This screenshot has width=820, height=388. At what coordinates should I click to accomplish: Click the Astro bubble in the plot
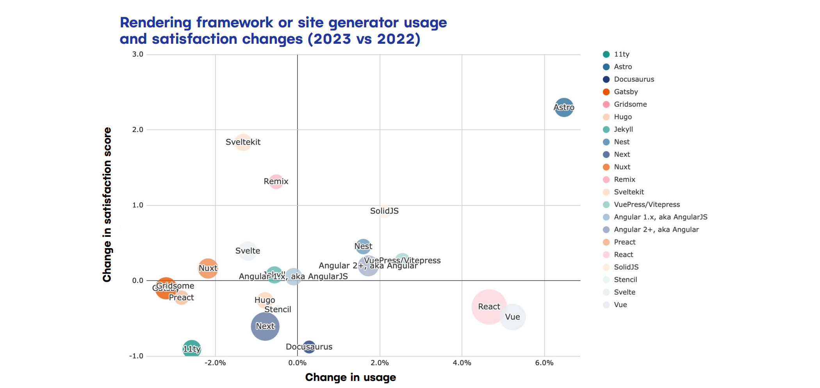(563, 107)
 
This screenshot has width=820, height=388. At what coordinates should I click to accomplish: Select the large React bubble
(489, 307)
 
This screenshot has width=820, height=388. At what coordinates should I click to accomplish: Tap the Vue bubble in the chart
(512, 317)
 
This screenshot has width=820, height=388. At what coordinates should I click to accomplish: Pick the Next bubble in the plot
(265, 326)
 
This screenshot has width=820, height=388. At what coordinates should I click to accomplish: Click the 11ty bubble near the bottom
(192, 349)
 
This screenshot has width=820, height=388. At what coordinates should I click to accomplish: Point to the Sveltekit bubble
(243, 142)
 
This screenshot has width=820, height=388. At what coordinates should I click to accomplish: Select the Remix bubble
(276, 181)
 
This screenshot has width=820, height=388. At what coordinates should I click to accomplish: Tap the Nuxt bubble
(208, 268)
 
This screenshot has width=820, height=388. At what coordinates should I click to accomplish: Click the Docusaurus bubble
(309, 347)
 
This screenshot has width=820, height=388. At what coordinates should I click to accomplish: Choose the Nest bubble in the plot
(363, 247)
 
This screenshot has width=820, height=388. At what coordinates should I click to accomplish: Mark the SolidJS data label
(384, 211)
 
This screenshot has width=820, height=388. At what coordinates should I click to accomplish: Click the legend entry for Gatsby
(626, 92)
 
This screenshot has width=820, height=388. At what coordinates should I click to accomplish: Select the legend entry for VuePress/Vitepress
(647, 204)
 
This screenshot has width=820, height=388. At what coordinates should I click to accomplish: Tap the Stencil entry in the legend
(625, 280)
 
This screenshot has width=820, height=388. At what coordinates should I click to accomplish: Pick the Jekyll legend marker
(606, 129)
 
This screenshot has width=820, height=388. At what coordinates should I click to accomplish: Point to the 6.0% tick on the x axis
(544, 363)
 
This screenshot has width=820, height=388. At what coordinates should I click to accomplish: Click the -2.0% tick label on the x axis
(215, 363)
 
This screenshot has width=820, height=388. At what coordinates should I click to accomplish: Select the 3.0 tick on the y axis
(137, 54)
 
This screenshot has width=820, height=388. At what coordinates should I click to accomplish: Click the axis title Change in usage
(350, 377)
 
